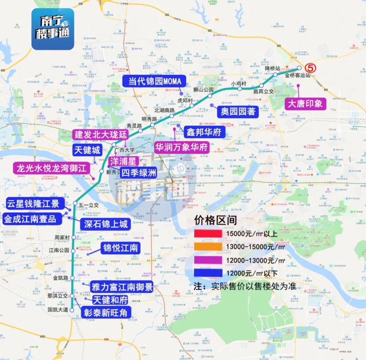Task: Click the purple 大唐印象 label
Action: tap(305, 103)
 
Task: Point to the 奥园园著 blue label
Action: tap(238, 111)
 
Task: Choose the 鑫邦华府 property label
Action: tap(204, 132)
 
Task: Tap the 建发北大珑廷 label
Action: tap(101, 134)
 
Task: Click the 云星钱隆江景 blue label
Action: tap(33, 204)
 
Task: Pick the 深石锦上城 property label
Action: tap(106, 224)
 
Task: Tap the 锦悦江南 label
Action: tap(121, 248)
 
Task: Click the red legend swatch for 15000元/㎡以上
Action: tap(208, 233)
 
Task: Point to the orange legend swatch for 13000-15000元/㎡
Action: tap(208, 247)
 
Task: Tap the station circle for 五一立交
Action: tap(75, 203)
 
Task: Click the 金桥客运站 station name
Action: tap(298, 76)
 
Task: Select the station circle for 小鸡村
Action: tap(240, 89)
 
